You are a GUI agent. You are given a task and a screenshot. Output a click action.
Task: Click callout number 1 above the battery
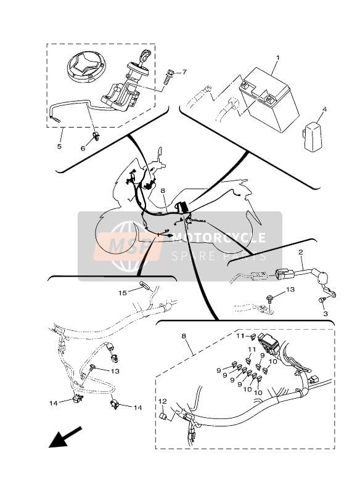277,58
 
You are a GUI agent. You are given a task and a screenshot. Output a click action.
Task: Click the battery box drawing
269,101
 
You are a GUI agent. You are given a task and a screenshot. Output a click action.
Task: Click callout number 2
301,252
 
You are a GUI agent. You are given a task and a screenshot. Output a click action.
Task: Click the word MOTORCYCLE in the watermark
219,238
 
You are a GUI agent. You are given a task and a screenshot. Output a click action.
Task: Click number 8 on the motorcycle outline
163,191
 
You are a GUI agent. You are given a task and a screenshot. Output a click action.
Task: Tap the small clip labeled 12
164,417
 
